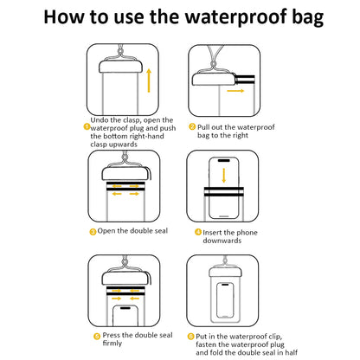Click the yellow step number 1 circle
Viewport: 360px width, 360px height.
pos(87,125)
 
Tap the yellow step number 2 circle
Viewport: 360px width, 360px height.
pos(196,125)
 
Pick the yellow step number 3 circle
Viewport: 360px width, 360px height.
pos(93,231)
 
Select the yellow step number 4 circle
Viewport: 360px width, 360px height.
pos(197,231)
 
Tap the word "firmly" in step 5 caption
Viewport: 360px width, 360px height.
pos(112,344)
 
